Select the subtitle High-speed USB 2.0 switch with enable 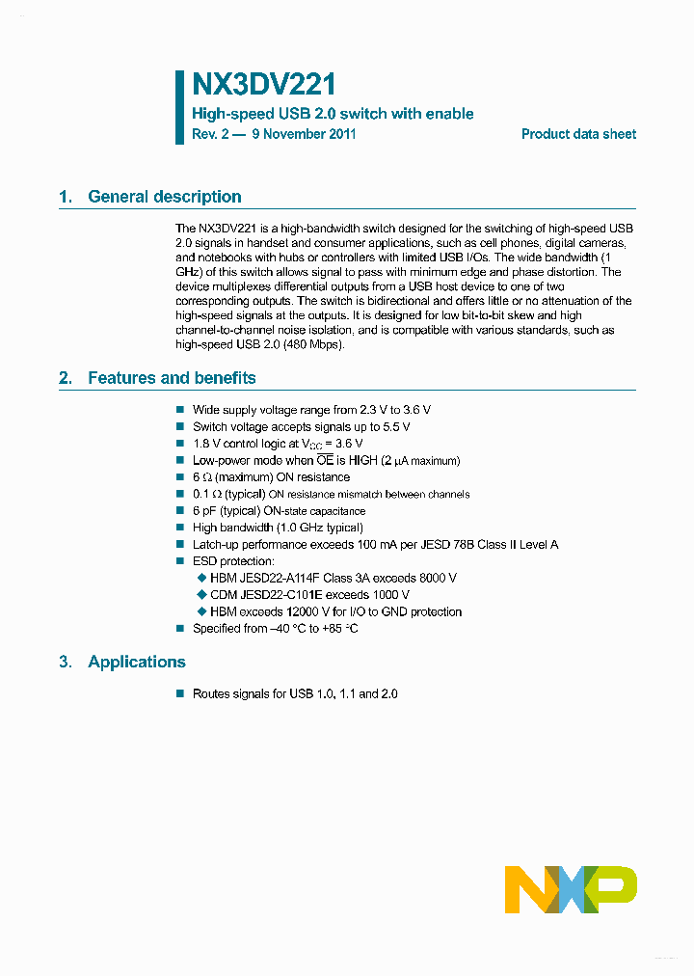pos(333,114)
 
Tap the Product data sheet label pos(578,134)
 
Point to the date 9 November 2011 pos(304,134)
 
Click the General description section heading pos(164,197)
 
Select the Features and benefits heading pos(172,378)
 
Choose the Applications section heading pos(136,662)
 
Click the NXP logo pos(571,889)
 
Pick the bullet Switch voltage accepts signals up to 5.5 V pos(301,426)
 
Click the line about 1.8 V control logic pos(278,444)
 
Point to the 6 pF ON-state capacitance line pos(279,511)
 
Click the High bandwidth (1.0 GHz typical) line pos(278,528)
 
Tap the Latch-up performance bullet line pos(375,545)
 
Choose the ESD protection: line pos(233,561)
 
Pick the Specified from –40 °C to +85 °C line pos(275,629)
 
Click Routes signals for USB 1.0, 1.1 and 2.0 pos(295,693)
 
